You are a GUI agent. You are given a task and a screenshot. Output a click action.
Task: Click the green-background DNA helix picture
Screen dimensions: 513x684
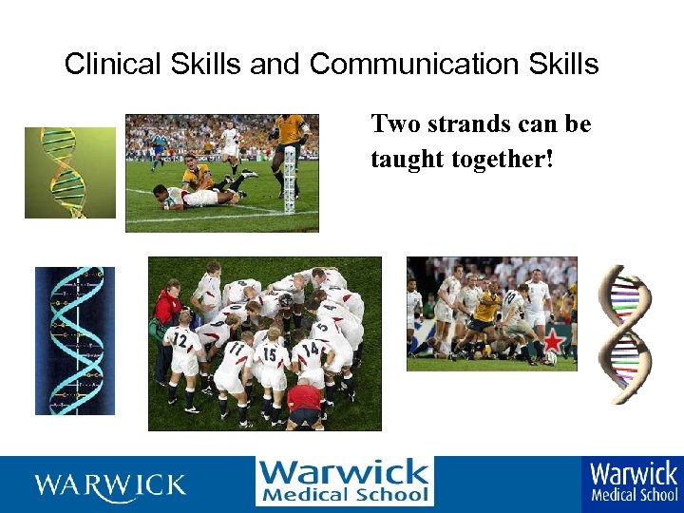[69, 172]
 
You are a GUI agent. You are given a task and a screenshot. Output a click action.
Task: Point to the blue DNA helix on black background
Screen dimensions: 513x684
[74, 340]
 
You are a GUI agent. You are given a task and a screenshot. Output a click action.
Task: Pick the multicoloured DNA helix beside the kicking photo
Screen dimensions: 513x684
[623, 333]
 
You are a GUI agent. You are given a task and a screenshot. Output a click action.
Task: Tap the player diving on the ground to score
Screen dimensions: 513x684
[195, 196]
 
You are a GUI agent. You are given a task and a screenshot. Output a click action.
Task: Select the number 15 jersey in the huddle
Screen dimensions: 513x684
[271, 354]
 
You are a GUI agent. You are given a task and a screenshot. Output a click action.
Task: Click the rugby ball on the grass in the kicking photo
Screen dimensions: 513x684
[551, 358]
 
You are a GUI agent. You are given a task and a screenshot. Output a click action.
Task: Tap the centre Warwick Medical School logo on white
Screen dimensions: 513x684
[344, 482]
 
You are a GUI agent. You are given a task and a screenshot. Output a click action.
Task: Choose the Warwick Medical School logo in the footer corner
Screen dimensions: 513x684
[633, 482]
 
